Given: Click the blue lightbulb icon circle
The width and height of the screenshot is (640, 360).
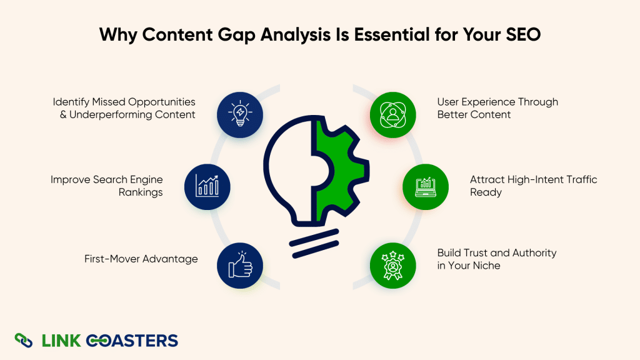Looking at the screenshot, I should point(240,114).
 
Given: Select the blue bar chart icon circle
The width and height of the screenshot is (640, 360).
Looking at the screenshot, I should point(208,186).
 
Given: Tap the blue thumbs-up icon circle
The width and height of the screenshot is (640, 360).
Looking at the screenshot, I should point(240,266).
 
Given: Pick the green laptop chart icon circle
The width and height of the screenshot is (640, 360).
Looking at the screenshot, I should point(426,186).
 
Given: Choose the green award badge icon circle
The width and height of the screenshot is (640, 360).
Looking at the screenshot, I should point(392,266).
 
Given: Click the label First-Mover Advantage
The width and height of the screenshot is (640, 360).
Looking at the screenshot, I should point(141,259).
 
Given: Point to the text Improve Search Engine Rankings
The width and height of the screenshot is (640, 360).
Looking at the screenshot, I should point(107,186).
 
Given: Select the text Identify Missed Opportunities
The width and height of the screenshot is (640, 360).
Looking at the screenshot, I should point(124,101).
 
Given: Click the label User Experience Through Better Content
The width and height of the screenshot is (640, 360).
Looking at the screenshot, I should point(497,108).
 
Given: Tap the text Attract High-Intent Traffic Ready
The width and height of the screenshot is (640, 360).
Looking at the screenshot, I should point(534,186).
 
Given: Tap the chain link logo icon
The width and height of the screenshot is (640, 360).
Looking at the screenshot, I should point(24,341).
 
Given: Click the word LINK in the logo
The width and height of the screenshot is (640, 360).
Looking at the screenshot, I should point(61,341).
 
